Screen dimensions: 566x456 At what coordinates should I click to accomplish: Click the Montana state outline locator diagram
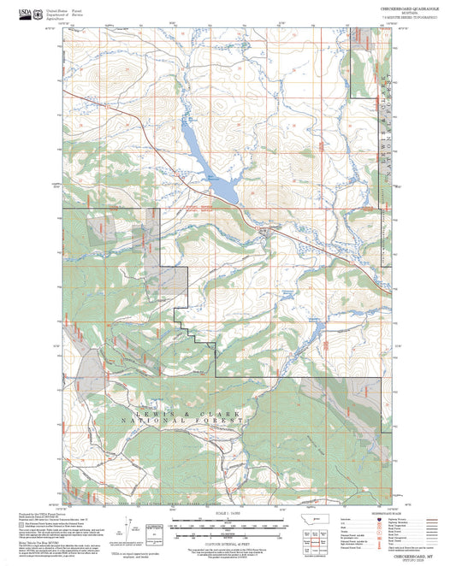[322, 519]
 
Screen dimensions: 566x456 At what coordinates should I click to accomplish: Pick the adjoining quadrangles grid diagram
[322, 539]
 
